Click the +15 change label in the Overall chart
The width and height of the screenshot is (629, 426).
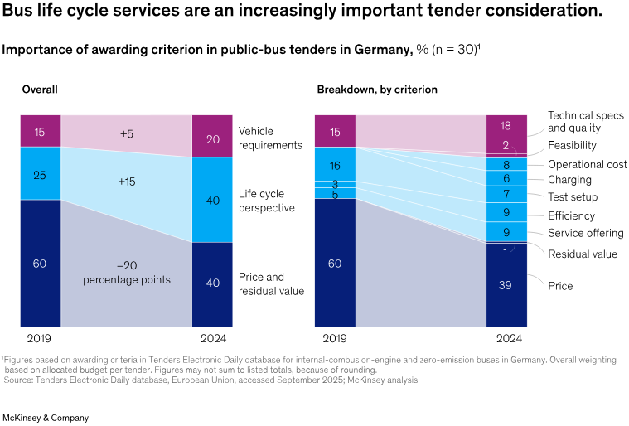pyautogui.click(x=126, y=181)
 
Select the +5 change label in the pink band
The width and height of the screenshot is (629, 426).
pyautogui.click(x=126, y=133)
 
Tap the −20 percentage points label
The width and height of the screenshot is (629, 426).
pyautogui.click(x=126, y=273)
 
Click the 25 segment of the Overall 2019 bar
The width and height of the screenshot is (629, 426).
pyautogui.click(x=41, y=174)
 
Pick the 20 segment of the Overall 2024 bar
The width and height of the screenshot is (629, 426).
pyautogui.click(x=212, y=139)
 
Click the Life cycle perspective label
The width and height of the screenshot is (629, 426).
pyautogui.click(x=267, y=201)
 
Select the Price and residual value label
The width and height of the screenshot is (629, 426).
pyautogui.click(x=271, y=283)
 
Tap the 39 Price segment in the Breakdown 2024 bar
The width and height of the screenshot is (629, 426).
pyautogui.click(x=506, y=285)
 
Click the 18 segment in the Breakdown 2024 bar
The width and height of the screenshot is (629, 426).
pyautogui.click(x=506, y=125)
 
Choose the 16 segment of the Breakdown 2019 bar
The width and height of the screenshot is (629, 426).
pyautogui.click(x=335, y=166)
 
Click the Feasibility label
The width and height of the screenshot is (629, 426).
pyautogui.click(x=572, y=146)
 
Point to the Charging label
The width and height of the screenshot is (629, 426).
pyautogui.click(x=569, y=180)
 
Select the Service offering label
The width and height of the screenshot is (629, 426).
pyautogui.click(x=585, y=234)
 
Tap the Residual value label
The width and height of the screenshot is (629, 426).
pyautogui.click(x=583, y=254)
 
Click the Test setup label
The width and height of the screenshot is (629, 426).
pyautogui.click(x=573, y=197)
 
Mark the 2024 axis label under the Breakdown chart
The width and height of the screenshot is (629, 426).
pyautogui.click(x=506, y=338)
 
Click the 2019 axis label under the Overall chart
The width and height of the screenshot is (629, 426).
pyautogui.click(x=39, y=338)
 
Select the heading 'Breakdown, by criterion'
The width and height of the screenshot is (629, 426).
pyautogui.click(x=377, y=90)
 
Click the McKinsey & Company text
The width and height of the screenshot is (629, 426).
pyautogui.click(x=46, y=418)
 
